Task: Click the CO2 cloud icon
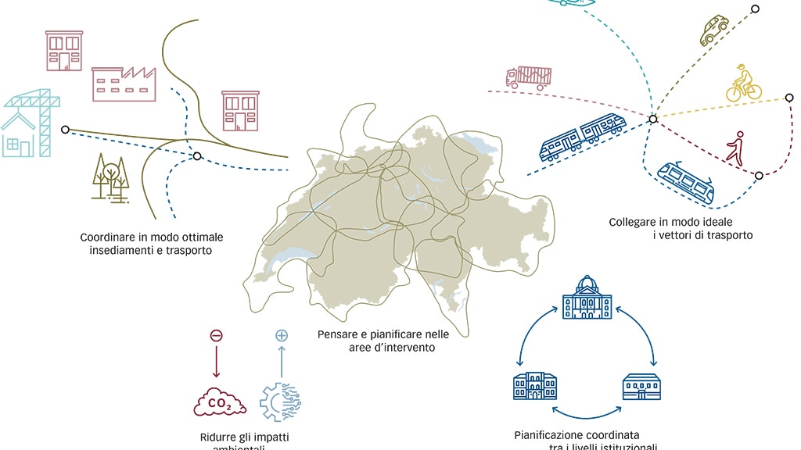coord(220,404)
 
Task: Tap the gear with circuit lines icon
coord(280,401)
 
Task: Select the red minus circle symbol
coord(217,335)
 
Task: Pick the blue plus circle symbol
coord(282,335)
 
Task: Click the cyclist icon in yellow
coord(743,84)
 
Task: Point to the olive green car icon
coord(713,30)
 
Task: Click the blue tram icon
coord(686,181)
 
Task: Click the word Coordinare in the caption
coord(108,237)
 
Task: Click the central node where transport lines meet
coord(652,119)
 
